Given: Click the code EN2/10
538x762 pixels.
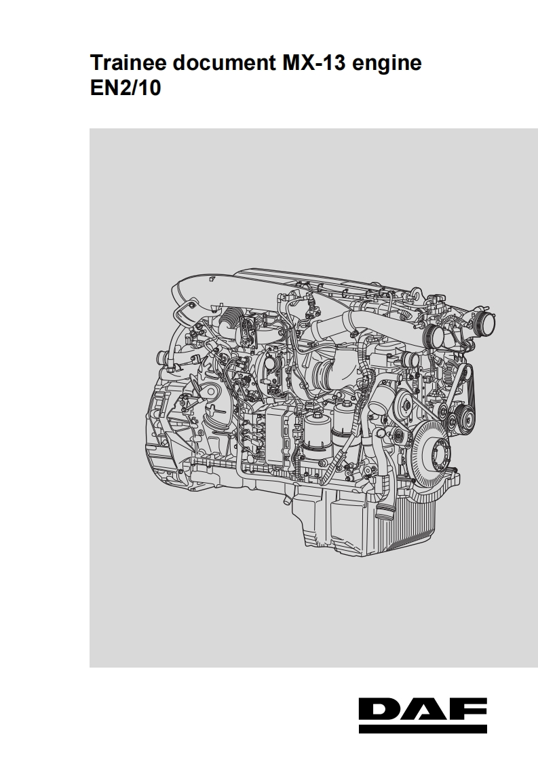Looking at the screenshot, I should coord(126,88).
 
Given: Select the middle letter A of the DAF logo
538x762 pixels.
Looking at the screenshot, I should coord(425,710).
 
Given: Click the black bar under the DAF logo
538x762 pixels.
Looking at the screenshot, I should coord(423,729).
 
